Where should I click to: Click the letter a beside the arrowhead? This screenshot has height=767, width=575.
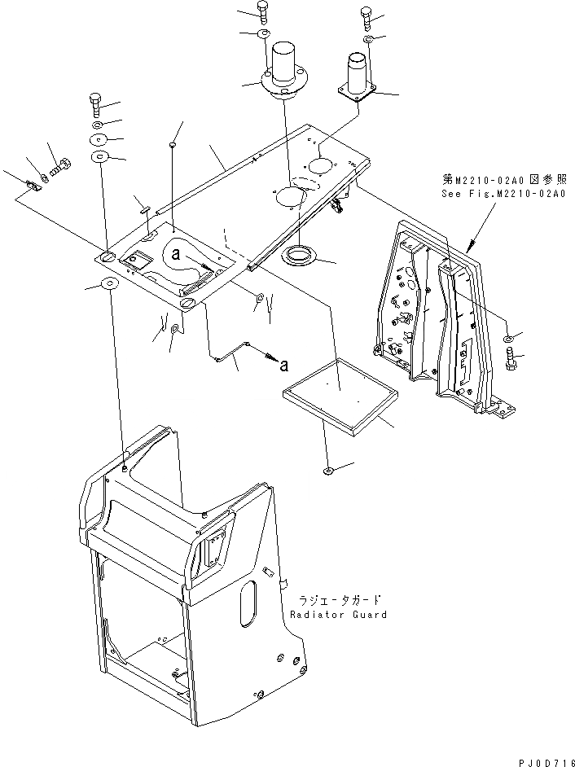(x=283, y=365)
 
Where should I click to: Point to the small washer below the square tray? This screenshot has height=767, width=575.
(x=327, y=471)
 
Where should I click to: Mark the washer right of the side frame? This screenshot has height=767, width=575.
(x=509, y=337)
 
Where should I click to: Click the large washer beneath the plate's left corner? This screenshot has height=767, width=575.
(x=107, y=285)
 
